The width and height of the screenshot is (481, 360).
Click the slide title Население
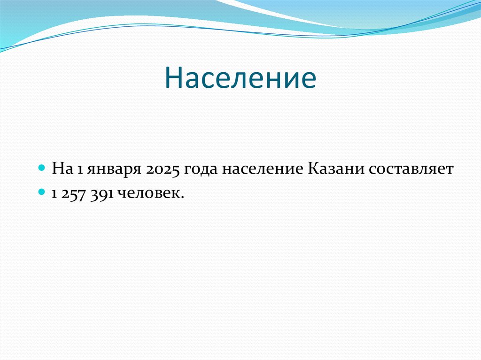point(240,78)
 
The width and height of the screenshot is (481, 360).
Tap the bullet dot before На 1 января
point(42,168)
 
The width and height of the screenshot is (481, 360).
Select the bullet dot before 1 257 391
point(42,192)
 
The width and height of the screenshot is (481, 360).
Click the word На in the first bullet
point(62,169)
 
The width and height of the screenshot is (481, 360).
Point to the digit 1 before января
point(80,169)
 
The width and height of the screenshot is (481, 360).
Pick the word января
point(114,170)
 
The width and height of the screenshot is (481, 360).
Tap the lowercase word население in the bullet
point(263,170)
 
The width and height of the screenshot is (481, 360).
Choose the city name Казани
point(335,169)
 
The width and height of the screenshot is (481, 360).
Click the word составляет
point(411,170)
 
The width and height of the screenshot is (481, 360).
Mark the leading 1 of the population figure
point(54,194)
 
